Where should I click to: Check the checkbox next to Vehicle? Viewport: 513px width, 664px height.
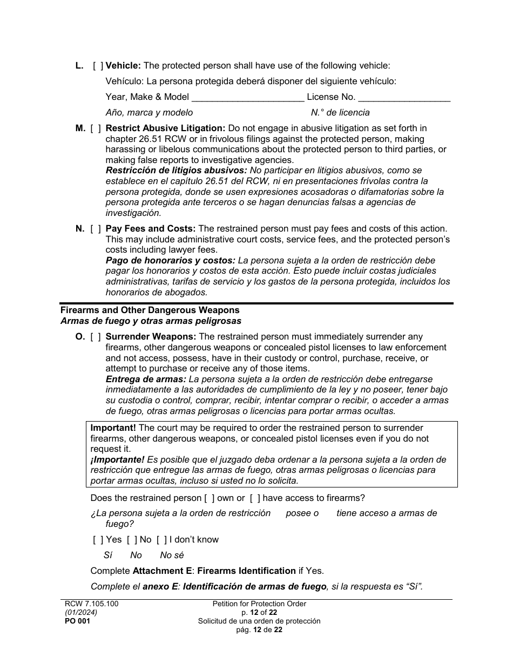point(98,66)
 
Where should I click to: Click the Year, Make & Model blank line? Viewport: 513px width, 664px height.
point(248,98)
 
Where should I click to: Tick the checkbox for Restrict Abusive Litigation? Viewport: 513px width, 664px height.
point(96,128)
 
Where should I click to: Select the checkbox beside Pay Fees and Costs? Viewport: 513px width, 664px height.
point(96,229)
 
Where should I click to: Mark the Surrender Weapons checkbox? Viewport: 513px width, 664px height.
point(96,337)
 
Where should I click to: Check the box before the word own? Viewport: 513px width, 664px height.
point(210,498)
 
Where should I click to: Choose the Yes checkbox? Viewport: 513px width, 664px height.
point(98,540)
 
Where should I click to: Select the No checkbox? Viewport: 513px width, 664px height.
point(132,540)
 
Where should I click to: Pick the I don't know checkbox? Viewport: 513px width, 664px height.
point(161,540)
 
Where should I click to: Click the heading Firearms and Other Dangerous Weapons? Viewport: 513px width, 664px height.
point(150,310)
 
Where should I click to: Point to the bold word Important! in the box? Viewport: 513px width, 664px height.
point(113,428)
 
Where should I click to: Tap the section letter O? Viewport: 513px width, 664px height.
point(80,337)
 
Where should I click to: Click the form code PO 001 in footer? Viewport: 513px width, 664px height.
point(75,621)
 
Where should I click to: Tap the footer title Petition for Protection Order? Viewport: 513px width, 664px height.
point(259,604)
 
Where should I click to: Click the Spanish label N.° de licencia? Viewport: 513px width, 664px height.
point(340,113)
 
